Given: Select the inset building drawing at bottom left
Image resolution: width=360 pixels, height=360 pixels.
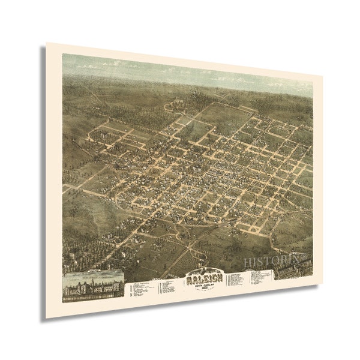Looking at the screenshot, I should [x=93, y=283].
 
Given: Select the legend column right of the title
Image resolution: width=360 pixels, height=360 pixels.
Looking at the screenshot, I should [x=236, y=278].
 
